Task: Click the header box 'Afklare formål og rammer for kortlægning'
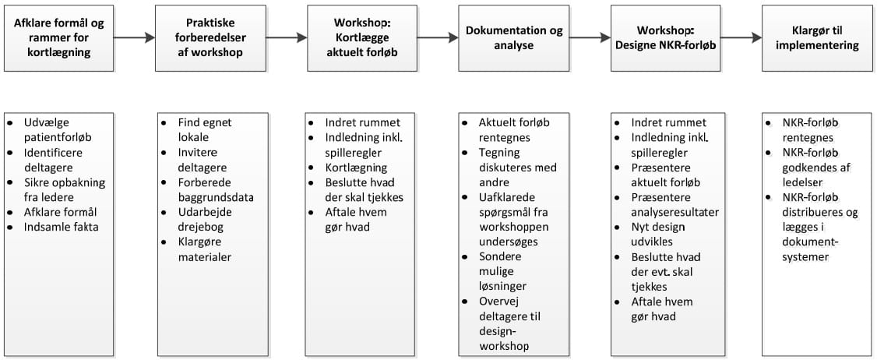pos(58,38)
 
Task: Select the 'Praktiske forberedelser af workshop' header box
pos(210,38)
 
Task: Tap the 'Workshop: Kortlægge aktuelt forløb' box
pos(362,38)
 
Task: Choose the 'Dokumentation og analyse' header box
pos(514,38)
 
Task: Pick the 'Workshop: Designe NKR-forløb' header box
pos(666,38)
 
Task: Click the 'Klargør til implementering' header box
pos(817,38)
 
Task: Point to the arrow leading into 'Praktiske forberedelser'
pos(134,38)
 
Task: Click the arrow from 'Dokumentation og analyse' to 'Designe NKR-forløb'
pos(590,38)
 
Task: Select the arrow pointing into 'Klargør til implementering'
pos(741,38)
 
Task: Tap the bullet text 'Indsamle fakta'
pos(61,228)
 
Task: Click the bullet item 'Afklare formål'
pos(61,212)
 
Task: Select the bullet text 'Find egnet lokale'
pos(205,130)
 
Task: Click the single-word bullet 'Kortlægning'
pos(356,168)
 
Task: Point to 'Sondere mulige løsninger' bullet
pos(502,271)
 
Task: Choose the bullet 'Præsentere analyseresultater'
pos(675,205)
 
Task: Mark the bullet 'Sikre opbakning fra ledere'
pos(65,190)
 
